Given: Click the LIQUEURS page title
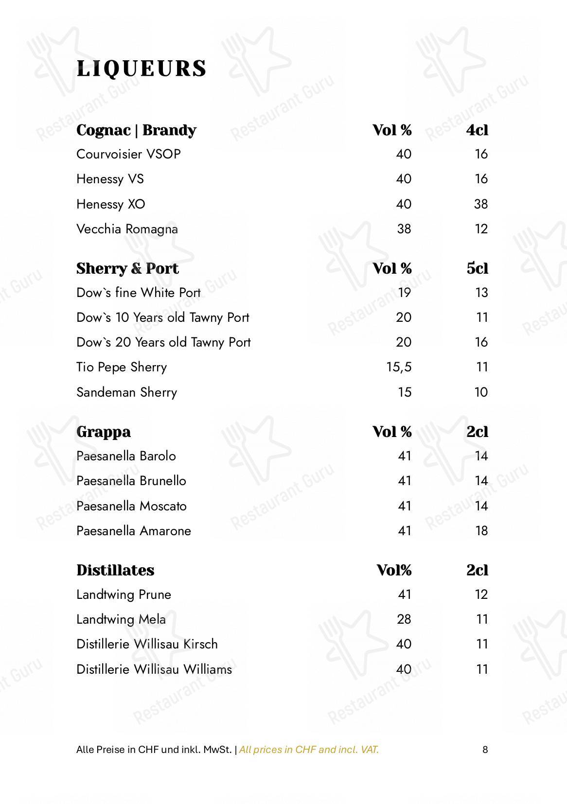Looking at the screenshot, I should click(x=142, y=69).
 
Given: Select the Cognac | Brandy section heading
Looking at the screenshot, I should click(x=136, y=130).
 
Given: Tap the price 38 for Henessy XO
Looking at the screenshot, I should click(x=480, y=204).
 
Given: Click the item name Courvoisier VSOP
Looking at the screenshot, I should click(x=128, y=154).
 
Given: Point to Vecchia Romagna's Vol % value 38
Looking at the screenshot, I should click(x=404, y=229).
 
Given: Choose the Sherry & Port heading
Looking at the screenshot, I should click(x=127, y=268).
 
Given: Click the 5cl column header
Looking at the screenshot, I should click(x=477, y=268).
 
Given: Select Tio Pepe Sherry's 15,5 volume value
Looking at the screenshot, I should click(x=399, y=367).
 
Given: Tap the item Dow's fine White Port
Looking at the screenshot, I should click(x=138, y=293).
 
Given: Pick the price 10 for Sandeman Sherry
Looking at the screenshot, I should click(x=480, y=392).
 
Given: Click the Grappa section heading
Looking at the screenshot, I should click(x=104, y=432).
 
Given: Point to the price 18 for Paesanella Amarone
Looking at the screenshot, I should click(x=481, y=531).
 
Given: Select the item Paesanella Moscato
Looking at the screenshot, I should click(x=131, y=506).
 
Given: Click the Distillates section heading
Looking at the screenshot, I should click(x=115, y=570).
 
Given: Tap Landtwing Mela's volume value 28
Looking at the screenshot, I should click(x=404, y=619).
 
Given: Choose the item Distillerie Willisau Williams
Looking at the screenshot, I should click(x=154, y=669).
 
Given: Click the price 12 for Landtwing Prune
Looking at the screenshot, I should click(x=481, y=594).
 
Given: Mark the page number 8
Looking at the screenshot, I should click(x=485, y=750).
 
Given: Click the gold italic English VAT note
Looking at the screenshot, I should click(x=309, y=750).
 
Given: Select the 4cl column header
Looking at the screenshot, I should click(x=477, y=130).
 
